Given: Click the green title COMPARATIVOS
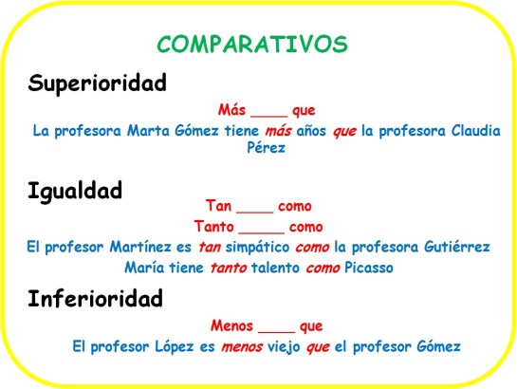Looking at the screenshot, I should (x=252, y=45).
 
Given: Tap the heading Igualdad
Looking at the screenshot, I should (x=75, y=192).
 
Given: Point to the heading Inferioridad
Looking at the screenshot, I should (x=95, y=301).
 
